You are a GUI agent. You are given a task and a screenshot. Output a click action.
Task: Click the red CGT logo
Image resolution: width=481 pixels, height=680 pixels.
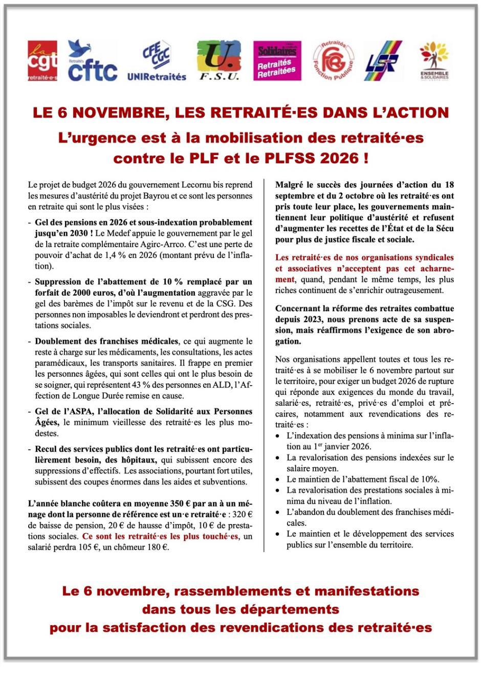(x=42, y=61)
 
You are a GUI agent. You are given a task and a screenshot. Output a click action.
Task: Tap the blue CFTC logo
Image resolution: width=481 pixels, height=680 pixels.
(x=92, y=61)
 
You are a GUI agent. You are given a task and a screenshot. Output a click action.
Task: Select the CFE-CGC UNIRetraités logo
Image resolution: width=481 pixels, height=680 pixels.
(x=157, y=61)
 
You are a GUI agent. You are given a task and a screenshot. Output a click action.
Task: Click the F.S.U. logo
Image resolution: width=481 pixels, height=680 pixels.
(x=218, y=60)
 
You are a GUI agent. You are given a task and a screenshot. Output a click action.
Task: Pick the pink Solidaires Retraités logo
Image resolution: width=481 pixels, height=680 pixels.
(x=277, y=61)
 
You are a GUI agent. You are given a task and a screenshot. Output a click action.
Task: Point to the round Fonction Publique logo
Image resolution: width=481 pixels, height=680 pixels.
(x=333, y=61)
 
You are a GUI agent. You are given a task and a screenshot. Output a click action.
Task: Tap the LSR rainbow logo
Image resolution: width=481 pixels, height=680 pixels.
(x=383, y=61)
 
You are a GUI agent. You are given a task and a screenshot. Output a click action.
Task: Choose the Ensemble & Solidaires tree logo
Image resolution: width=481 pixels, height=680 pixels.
(x=434, y=61)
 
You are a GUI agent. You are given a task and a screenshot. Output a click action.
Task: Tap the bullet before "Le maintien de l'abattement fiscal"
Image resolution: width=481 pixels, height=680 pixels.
(x=277, y=480)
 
